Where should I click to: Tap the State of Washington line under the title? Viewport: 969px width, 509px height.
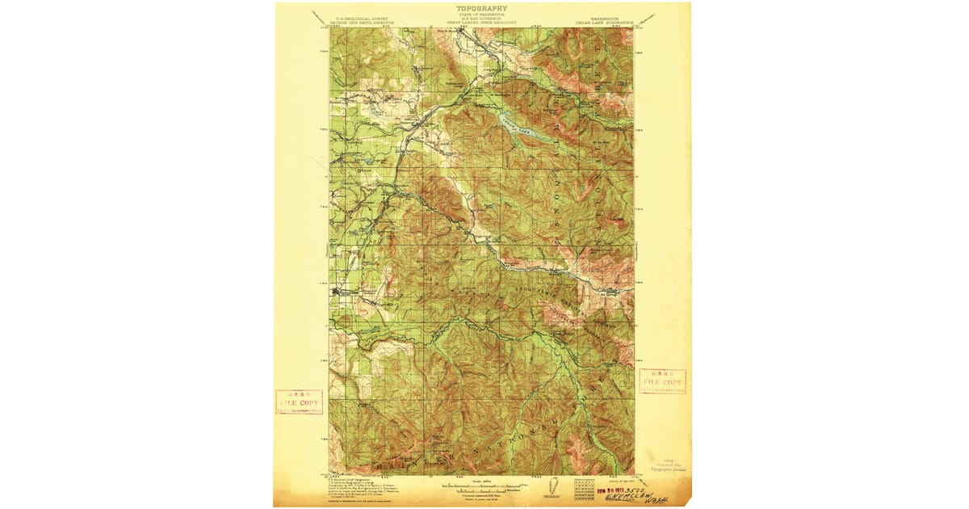pos(482,14)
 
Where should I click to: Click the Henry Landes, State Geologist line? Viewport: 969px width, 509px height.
pos(482,23)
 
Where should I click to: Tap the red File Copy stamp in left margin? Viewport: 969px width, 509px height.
pos(299,402)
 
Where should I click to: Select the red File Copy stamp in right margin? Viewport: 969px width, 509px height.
pos(662,382)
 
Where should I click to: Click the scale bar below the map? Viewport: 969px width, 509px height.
pos(482,487)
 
